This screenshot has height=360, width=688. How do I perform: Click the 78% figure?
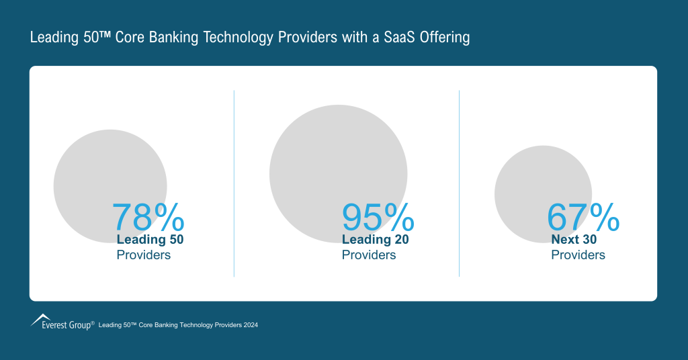(x=148, y=217)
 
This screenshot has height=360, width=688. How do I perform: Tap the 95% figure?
(x=378, y=217)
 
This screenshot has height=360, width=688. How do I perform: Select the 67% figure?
(x=583, y=217)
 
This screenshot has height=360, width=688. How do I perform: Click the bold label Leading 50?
(x=150, y=239)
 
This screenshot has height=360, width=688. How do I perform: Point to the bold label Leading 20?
(x=376, y=239)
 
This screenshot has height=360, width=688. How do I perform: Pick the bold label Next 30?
(x=574, y=239)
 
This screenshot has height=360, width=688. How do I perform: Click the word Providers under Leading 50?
(x=144, y=255)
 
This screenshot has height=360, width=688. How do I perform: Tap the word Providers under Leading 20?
(x=369, y=255)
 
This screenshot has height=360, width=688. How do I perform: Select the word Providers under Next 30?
(x=578, y=255)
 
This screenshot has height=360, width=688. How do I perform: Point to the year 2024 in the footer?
(x=250, y=325)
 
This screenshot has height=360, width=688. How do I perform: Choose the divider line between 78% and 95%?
(x=234, y=183)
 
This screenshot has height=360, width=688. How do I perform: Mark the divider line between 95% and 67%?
(x=459, y=183)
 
